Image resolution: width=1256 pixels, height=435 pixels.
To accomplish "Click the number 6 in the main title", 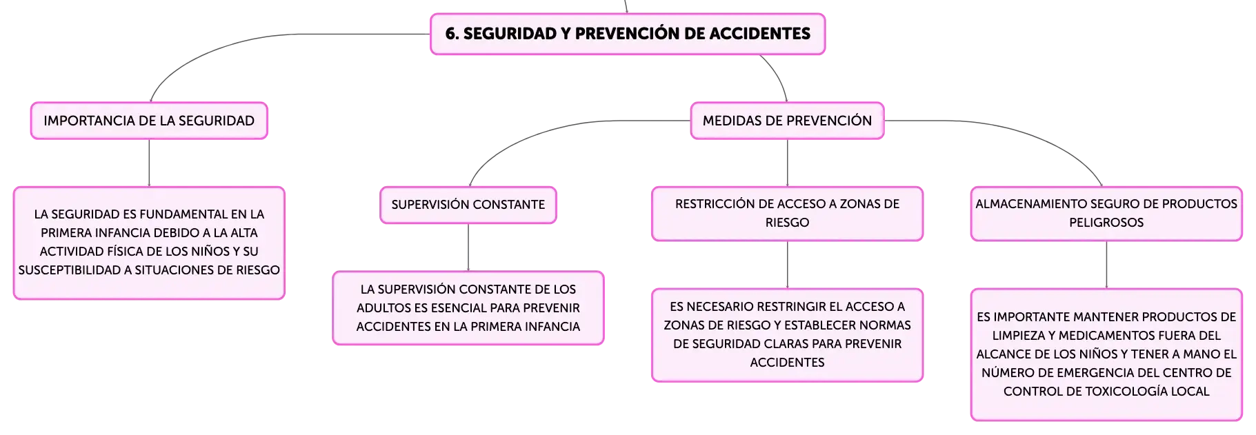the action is pos(450,34).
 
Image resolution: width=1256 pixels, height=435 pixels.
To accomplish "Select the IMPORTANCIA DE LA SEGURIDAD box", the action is pos(149,121).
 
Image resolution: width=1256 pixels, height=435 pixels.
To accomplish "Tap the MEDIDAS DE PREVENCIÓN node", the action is pos(787,121).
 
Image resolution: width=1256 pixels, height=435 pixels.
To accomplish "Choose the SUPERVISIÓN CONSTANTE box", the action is pos(468,205).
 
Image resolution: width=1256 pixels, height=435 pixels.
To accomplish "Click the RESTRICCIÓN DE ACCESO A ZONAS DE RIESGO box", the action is pos(787,214).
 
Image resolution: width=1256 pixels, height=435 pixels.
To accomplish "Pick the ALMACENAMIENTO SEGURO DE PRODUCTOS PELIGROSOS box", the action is pos(1106,214).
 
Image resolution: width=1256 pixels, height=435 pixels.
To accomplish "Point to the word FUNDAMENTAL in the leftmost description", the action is pos(183,214).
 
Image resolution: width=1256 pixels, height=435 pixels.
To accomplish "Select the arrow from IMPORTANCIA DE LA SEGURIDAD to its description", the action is pos(149,163).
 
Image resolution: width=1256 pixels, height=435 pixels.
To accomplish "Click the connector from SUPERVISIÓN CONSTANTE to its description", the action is pos(468,247).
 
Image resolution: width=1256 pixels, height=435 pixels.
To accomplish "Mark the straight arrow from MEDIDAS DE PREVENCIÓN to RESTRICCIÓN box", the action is pos(787,163).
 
